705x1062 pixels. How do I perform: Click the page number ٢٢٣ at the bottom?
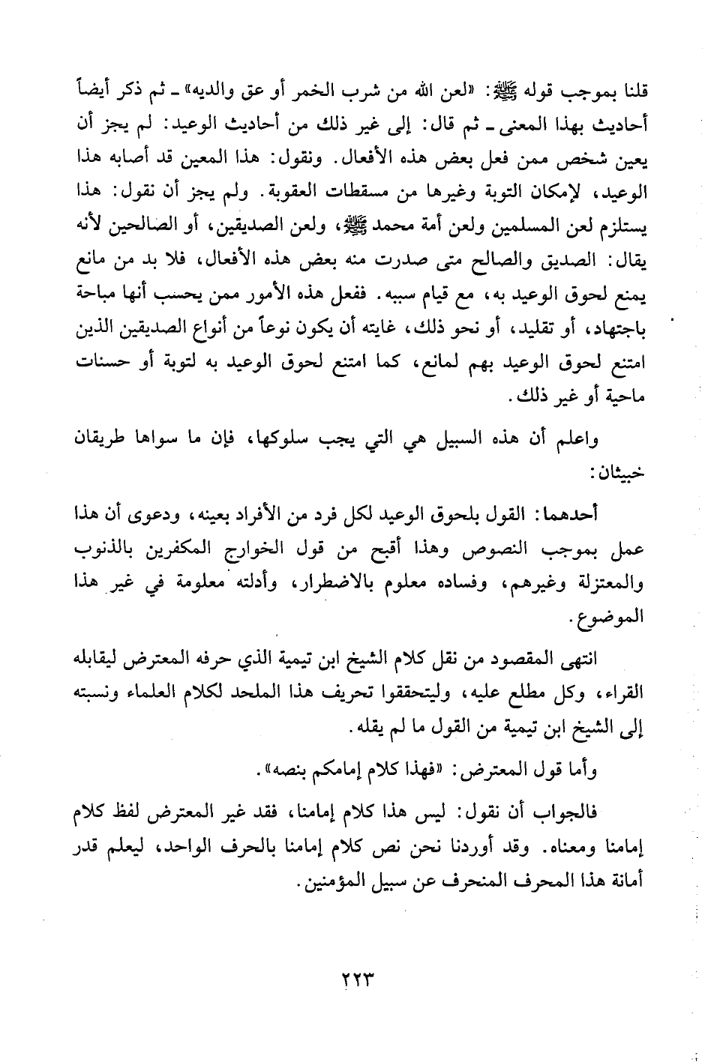click(x=352, y=980)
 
